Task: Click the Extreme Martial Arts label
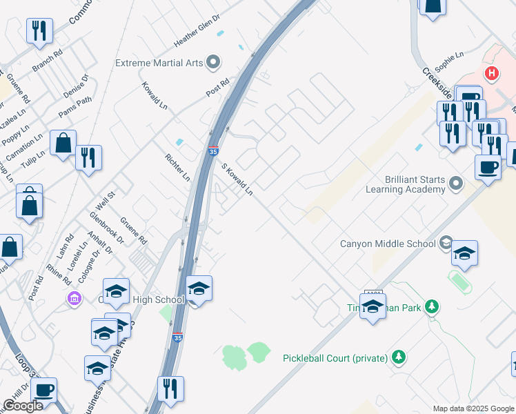pyautogui.click(x=159, y=63)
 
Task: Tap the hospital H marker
pyautogui.click(x=491, y=72)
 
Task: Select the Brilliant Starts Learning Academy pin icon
pyautogui.click(x=455, y=184)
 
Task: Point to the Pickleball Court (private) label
pyautogui.click(x=335, y=357)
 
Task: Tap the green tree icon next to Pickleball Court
pyautogui.click(x=397, y=357)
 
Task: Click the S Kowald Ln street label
pyautogui.click(x=237, y=179)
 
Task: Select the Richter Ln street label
pyautogui.click(x=177, y=168)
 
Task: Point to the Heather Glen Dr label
pyautogui.click(x=197, y=30)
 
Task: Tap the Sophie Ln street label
pyautogui.click(x=449, y=61)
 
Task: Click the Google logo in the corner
pyautogui.click(x=23, y=406)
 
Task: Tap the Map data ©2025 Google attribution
pyautogui.click(x=473, y=408)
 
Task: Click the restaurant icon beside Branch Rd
pyautogui.click(x=39, y=31)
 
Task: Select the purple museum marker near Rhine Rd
pyautogui.click(x=74, y=299)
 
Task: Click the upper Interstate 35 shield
pyautogui.click(x=214, y=150)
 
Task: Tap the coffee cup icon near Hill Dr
pyautogui.click(x=43, y=390)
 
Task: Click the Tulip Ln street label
pyautogui.click(x=32, y=161)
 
